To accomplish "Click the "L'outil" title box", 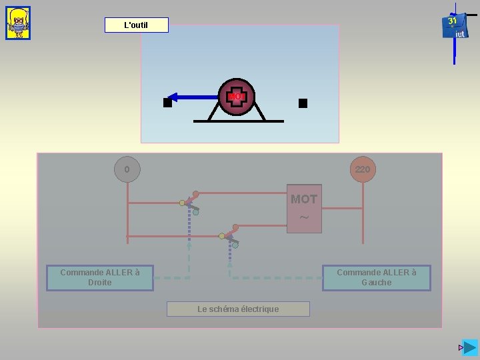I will click(x=136, y=25).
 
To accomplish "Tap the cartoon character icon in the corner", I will click(x=18, y=23).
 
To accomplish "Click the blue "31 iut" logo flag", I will click(x=454, y=27).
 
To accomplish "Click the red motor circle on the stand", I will click(x=236, y=97).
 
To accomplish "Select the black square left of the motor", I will click(x=167, y=103).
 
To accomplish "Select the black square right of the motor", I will click(x=303, y=103).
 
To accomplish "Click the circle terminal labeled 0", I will click(x=127, y=169).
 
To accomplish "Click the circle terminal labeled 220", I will click(x=362, y=169).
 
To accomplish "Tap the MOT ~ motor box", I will click(x=304, y=208).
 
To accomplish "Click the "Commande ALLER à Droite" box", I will click(x=99, y=277).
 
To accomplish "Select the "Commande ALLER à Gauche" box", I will click(x=376, y=277).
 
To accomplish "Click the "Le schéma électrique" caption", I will click(x=238, y=309).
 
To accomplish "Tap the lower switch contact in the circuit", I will click(x=229, y=236).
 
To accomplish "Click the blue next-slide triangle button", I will click(x=471, y=347).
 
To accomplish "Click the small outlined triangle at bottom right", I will click(x=461, y=348).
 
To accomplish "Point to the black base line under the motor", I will click(x=238, y=121).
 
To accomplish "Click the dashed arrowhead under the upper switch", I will click(x=189, y=245).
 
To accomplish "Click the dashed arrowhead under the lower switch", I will click(x=229, y=265).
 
